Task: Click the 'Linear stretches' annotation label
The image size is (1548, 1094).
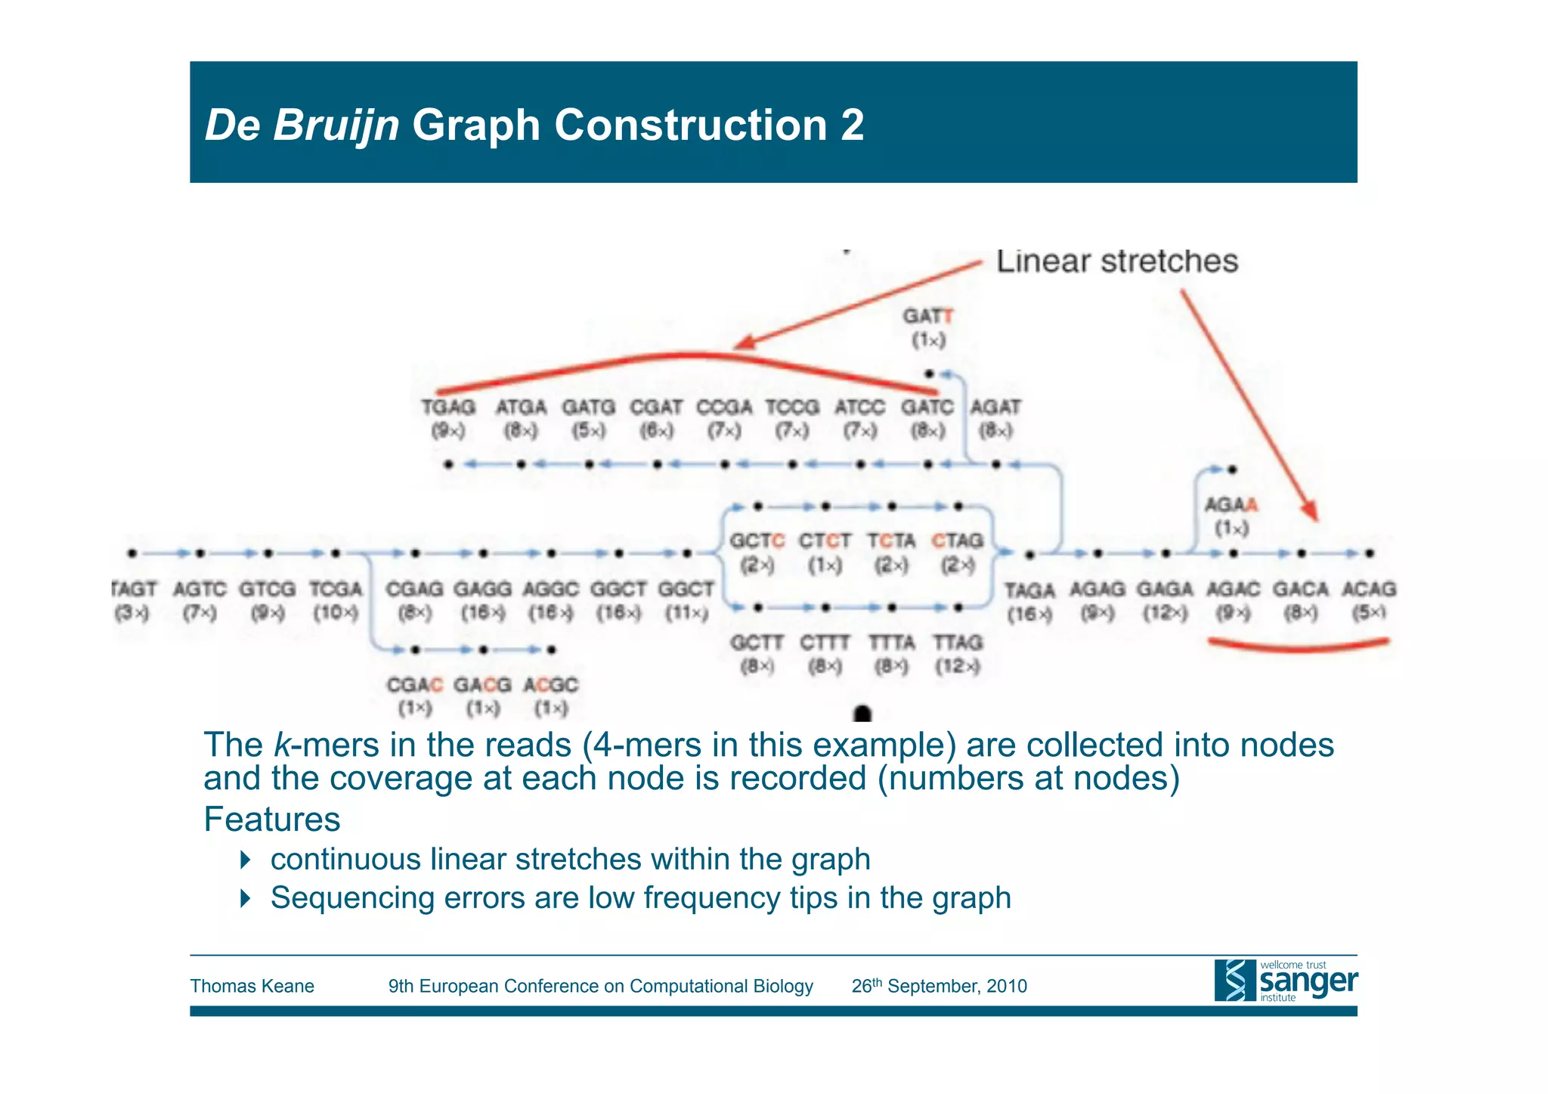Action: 1116,262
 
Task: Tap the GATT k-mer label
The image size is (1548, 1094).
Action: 928,316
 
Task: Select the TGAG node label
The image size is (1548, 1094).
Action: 448,408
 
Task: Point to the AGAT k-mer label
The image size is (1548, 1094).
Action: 995,408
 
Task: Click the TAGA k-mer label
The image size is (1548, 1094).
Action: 1029,590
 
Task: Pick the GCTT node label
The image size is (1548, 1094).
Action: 757,643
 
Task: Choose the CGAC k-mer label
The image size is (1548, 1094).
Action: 414,685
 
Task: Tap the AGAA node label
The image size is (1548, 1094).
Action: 1231,504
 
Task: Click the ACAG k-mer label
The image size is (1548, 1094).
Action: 1369,589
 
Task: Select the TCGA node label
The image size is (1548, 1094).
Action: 336,589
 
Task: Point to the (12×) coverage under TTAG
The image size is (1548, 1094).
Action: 958,667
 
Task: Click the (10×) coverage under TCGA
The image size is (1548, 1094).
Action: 336,612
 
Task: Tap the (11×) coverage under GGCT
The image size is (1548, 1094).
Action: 686,612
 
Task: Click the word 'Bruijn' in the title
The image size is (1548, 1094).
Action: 336,125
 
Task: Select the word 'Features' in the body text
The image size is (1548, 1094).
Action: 272,820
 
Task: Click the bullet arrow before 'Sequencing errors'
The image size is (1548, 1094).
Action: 245,898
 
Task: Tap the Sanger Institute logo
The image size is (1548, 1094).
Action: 1286,981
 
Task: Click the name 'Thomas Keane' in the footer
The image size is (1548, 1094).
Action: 252,986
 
